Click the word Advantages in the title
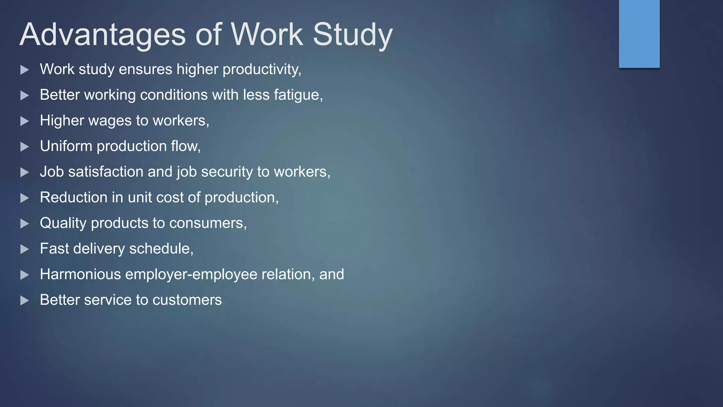coord(102,35)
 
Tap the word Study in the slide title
coord(352,35)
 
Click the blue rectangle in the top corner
coord(639,34)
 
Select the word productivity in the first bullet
coord(262,69)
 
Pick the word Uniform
coord(66,146)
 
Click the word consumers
coord(208,223)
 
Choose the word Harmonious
coord(80,275)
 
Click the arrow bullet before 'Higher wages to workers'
coord(24,121)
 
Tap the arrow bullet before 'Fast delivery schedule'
coord(24,249)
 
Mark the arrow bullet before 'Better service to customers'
coord(24,300)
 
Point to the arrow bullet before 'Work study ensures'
coord(24,70)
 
